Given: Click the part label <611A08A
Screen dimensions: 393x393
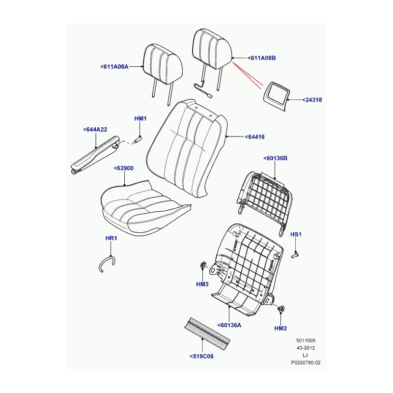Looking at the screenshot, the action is (114, 67).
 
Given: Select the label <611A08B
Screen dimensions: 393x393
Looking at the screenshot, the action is (261, 58).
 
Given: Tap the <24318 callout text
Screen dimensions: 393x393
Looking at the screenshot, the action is (312, 100).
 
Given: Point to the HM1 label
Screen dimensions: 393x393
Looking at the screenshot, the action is (140, 118).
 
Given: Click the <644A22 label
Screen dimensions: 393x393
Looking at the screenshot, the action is (95, 130).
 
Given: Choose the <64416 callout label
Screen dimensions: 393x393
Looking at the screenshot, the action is (254, 137).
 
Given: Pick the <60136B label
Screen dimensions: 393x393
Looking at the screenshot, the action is (275, 158).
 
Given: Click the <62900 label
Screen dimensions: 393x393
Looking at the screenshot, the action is (124, 168).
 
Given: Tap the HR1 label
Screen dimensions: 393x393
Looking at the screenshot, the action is (112, 238).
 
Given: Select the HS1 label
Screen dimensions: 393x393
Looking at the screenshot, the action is (296, 234).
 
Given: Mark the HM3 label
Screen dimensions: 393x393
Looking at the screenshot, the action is (202, 284).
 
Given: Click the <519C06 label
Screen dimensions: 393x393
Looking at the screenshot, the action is (201, 356).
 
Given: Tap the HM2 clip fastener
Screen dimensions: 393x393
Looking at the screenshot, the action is (281, 309).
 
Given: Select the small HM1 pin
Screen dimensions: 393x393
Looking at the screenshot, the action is (138, 139).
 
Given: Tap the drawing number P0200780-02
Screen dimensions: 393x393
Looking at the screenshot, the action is (306, 363).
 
